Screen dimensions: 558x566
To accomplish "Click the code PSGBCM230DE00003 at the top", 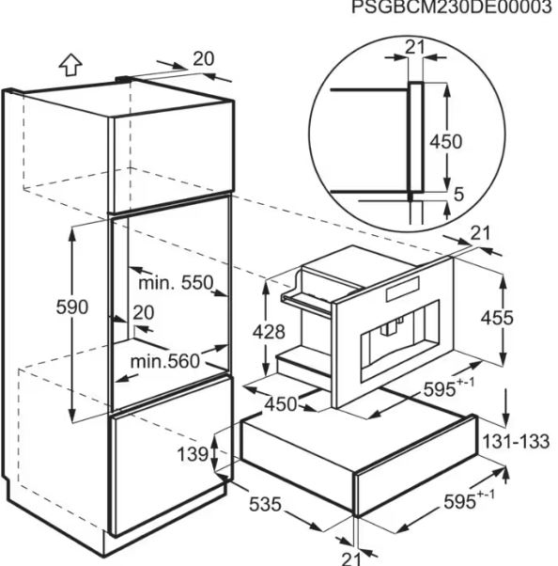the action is tap(452, 7).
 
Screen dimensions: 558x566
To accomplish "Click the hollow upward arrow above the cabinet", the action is tap(70, 65).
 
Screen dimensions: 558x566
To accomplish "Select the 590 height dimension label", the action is tap(72, 307).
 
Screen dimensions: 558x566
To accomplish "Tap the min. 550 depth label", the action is tap(176, 283).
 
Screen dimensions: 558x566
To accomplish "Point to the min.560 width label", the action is tap(164, 361).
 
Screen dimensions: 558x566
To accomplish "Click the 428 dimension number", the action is tap(269, 332).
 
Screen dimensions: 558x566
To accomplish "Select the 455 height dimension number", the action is tap(497, 318).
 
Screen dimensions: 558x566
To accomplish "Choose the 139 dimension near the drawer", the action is tap(193, 454).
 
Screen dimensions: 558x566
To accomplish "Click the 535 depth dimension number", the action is tap(265, 504).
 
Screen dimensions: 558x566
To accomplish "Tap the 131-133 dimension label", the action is tap(516, 442).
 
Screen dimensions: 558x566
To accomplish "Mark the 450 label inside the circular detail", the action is tap(446, 141).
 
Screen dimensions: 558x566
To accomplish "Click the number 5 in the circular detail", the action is tap(458, 195).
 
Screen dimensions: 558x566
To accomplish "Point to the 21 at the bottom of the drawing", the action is tap(350, 559).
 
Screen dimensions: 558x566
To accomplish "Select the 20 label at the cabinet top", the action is tap(204, 59).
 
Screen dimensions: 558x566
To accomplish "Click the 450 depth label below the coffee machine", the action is tap(281, 404).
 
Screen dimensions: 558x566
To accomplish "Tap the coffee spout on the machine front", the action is tap(390, 327).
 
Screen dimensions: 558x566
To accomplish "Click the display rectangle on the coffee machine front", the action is tap(403, 290).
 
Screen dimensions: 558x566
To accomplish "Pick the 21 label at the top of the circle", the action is tap(415, 47).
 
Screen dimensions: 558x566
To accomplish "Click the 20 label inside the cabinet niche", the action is tap(144, 312).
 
